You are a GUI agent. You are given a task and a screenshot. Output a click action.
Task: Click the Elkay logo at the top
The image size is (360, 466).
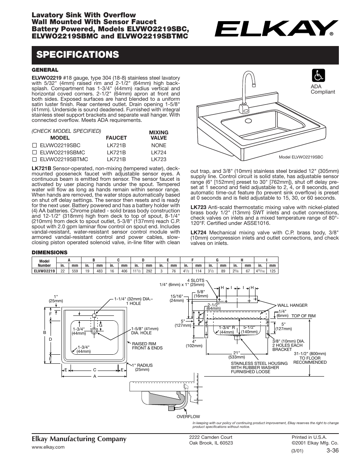[277, 28]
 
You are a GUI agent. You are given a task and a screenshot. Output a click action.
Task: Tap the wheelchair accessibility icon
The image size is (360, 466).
[318, 76]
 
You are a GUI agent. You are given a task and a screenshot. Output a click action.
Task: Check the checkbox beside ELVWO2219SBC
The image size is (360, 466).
[34, 145]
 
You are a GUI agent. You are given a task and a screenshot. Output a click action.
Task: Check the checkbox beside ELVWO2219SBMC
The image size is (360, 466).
[34, 152]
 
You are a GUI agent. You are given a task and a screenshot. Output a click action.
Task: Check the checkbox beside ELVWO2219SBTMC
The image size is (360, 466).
[34, 160]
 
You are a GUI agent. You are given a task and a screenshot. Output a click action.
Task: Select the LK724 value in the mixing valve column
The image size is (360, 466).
[158, 152]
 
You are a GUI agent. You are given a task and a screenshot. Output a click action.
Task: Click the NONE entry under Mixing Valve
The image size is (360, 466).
[158, 145]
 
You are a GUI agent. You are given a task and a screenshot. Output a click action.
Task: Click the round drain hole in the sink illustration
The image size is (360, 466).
[248, 121]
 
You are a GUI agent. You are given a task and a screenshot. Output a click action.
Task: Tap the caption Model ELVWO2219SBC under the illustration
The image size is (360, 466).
[301, 157]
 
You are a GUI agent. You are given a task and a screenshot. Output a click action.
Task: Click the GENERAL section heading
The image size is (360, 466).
[45, 70]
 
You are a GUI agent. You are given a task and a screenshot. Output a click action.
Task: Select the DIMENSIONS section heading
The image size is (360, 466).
[49, 252]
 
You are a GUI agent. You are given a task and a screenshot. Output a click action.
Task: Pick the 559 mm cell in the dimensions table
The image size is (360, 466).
[75, 271]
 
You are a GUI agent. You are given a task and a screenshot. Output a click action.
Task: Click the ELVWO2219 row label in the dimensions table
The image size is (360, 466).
[44, 271]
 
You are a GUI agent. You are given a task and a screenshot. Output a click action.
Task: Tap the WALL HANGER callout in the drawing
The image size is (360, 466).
[292, 305]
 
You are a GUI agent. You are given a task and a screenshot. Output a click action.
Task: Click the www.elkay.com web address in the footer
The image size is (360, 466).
[48, 447]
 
